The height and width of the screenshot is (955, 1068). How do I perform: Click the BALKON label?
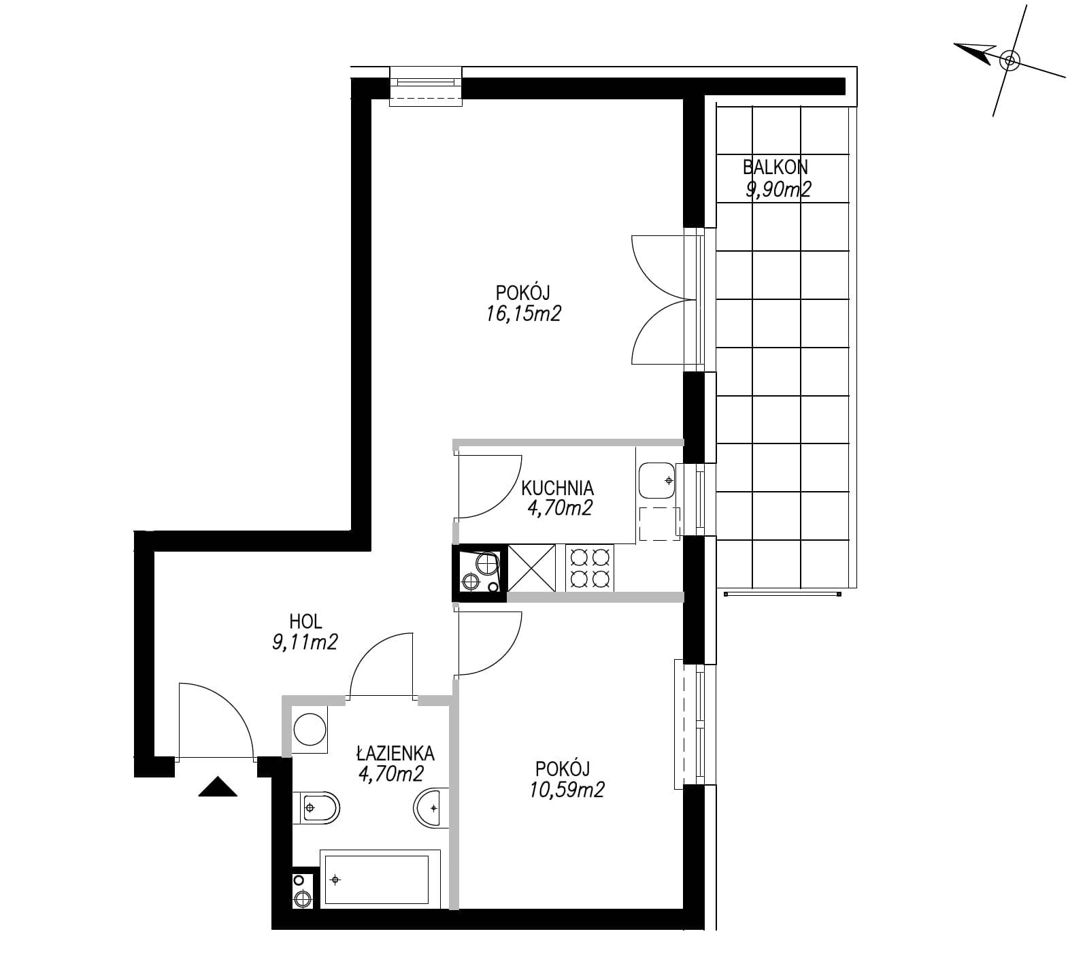coord(775,167)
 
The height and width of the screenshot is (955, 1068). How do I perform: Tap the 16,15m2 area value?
coord(524,314)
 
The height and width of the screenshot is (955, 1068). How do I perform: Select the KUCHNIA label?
coord(557,488)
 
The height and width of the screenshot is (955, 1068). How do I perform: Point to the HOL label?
coord(305,621)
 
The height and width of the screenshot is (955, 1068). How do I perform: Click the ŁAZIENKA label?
coord(395,753)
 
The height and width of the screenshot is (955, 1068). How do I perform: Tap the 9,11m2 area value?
coord(305,642)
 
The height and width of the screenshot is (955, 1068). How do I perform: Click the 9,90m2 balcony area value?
coord(778,189)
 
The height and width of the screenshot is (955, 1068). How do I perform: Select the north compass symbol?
coord(1009,61)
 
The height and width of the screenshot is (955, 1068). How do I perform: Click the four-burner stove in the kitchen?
coord(589,568)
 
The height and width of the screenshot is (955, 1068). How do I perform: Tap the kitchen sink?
coord(656,481)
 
